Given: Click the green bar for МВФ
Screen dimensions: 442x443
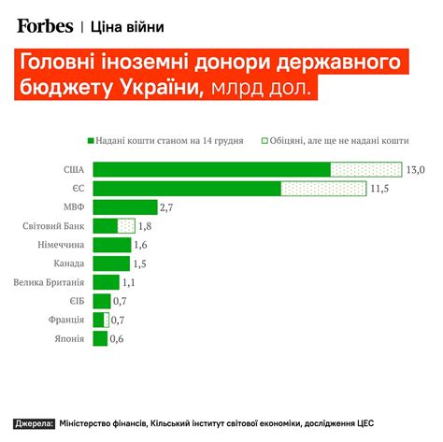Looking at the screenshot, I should tap(126, 207).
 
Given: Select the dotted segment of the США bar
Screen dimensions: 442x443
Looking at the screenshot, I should tap(365, 169).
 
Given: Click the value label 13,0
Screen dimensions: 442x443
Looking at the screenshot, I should tap(416, 169).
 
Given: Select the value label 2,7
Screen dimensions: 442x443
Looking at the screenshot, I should tap(168, 207).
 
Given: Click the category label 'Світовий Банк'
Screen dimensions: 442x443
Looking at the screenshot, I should tap(54, 226).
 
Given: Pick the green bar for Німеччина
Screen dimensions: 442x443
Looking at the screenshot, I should tap(112, 245).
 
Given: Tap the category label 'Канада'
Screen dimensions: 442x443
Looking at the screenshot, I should tap(68, 264).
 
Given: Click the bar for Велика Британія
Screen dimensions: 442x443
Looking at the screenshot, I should tap(107, 282).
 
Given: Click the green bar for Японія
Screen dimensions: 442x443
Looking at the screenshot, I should tap(100, 338).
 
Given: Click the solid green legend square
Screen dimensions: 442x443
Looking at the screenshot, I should tap(91, 140).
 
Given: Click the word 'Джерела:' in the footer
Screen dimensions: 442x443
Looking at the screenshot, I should tap(33, 423).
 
